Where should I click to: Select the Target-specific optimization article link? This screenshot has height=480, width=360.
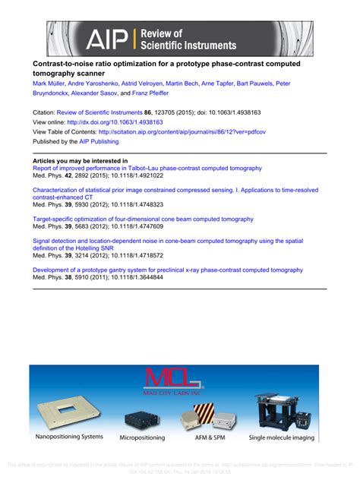coord(143,219)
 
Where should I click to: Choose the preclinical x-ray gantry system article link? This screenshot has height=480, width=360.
coord(162,270)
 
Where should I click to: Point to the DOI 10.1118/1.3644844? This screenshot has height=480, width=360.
coord(134,278)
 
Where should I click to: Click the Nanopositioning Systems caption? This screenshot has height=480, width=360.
coord(69,437)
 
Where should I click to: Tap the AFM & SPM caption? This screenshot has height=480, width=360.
coord(213,437)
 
